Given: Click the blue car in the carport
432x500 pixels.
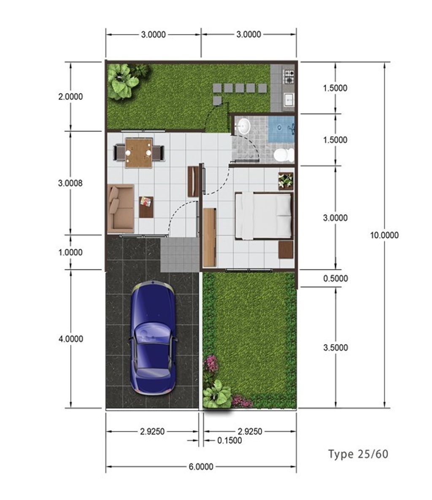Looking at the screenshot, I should pos(153,337).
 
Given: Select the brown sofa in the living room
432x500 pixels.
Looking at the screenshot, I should pos(120,208).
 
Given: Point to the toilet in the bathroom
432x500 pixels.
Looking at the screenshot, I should pos(283,155).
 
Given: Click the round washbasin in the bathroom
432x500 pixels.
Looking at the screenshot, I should pos(244,126).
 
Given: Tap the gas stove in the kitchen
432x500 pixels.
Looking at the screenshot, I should pos(289,76).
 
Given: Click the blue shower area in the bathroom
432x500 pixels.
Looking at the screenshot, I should pos(281,129).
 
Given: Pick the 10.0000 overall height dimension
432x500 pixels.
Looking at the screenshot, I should pos(384,235).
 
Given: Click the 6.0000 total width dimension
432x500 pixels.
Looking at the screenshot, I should pos(201,467).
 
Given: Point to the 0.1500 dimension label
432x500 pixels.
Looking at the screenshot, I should pos(229,441).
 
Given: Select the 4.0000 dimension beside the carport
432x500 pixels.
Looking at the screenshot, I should pos(70,339).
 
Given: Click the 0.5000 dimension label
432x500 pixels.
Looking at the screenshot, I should pos(335,278).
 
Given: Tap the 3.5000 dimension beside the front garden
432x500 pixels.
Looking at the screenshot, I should pos(335,347).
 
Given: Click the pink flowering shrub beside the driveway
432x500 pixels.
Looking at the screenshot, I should pos(210,363).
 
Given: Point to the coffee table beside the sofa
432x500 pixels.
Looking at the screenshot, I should pos(146,206).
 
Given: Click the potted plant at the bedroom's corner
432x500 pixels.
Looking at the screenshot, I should pos(286,180).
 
